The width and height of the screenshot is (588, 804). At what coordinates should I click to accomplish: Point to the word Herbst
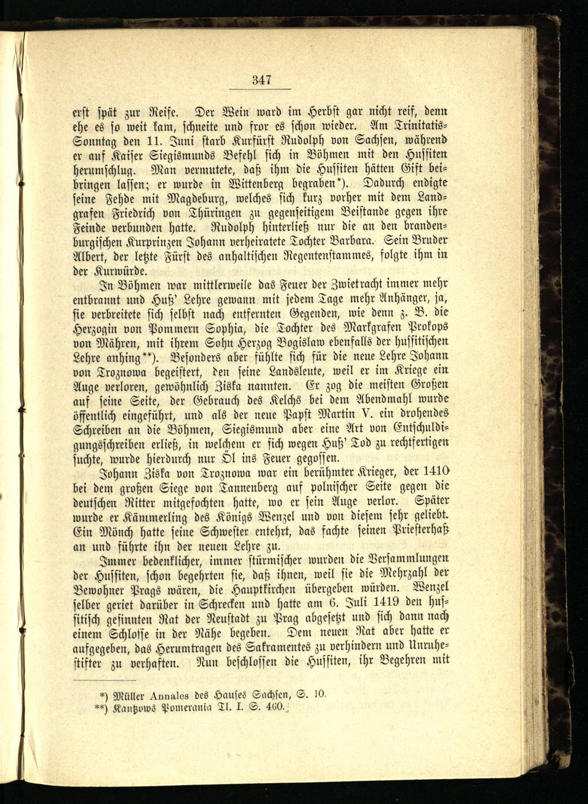pos(303,110)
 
